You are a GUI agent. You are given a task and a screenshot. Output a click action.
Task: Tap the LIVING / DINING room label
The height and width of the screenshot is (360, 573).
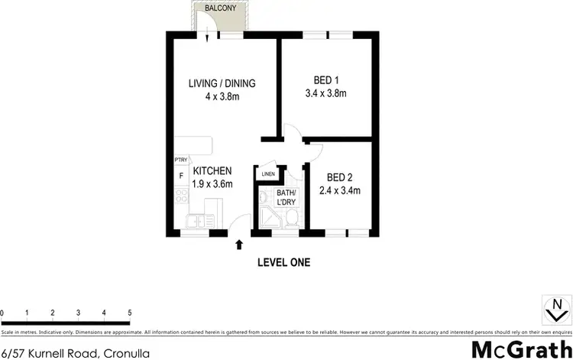222,83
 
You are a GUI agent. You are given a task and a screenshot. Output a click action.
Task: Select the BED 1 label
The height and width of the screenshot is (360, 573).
326,80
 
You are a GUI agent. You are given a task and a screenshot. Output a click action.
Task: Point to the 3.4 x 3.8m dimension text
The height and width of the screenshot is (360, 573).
326,94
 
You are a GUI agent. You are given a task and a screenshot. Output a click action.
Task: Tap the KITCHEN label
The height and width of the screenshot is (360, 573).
212,171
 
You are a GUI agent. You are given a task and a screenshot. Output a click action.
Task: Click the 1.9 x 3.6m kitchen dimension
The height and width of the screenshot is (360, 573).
212,184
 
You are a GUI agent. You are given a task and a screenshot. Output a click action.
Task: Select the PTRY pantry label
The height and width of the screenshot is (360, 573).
181,160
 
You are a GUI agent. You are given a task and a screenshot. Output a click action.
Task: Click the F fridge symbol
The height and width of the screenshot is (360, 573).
181,175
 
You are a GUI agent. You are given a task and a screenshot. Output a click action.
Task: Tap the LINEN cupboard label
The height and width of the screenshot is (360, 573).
267,174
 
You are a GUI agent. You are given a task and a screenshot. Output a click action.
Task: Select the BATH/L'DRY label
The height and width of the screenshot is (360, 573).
286,197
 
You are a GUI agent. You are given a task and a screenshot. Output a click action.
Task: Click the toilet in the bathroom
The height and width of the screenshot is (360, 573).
291,219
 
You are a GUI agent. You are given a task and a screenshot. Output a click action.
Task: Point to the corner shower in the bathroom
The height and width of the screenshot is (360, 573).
267,219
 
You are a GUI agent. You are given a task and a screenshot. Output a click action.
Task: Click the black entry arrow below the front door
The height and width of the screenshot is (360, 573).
239,245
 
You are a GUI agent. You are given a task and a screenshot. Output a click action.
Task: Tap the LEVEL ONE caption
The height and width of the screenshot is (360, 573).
283,262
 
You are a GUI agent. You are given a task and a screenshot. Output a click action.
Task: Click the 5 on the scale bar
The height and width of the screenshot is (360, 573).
129,313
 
